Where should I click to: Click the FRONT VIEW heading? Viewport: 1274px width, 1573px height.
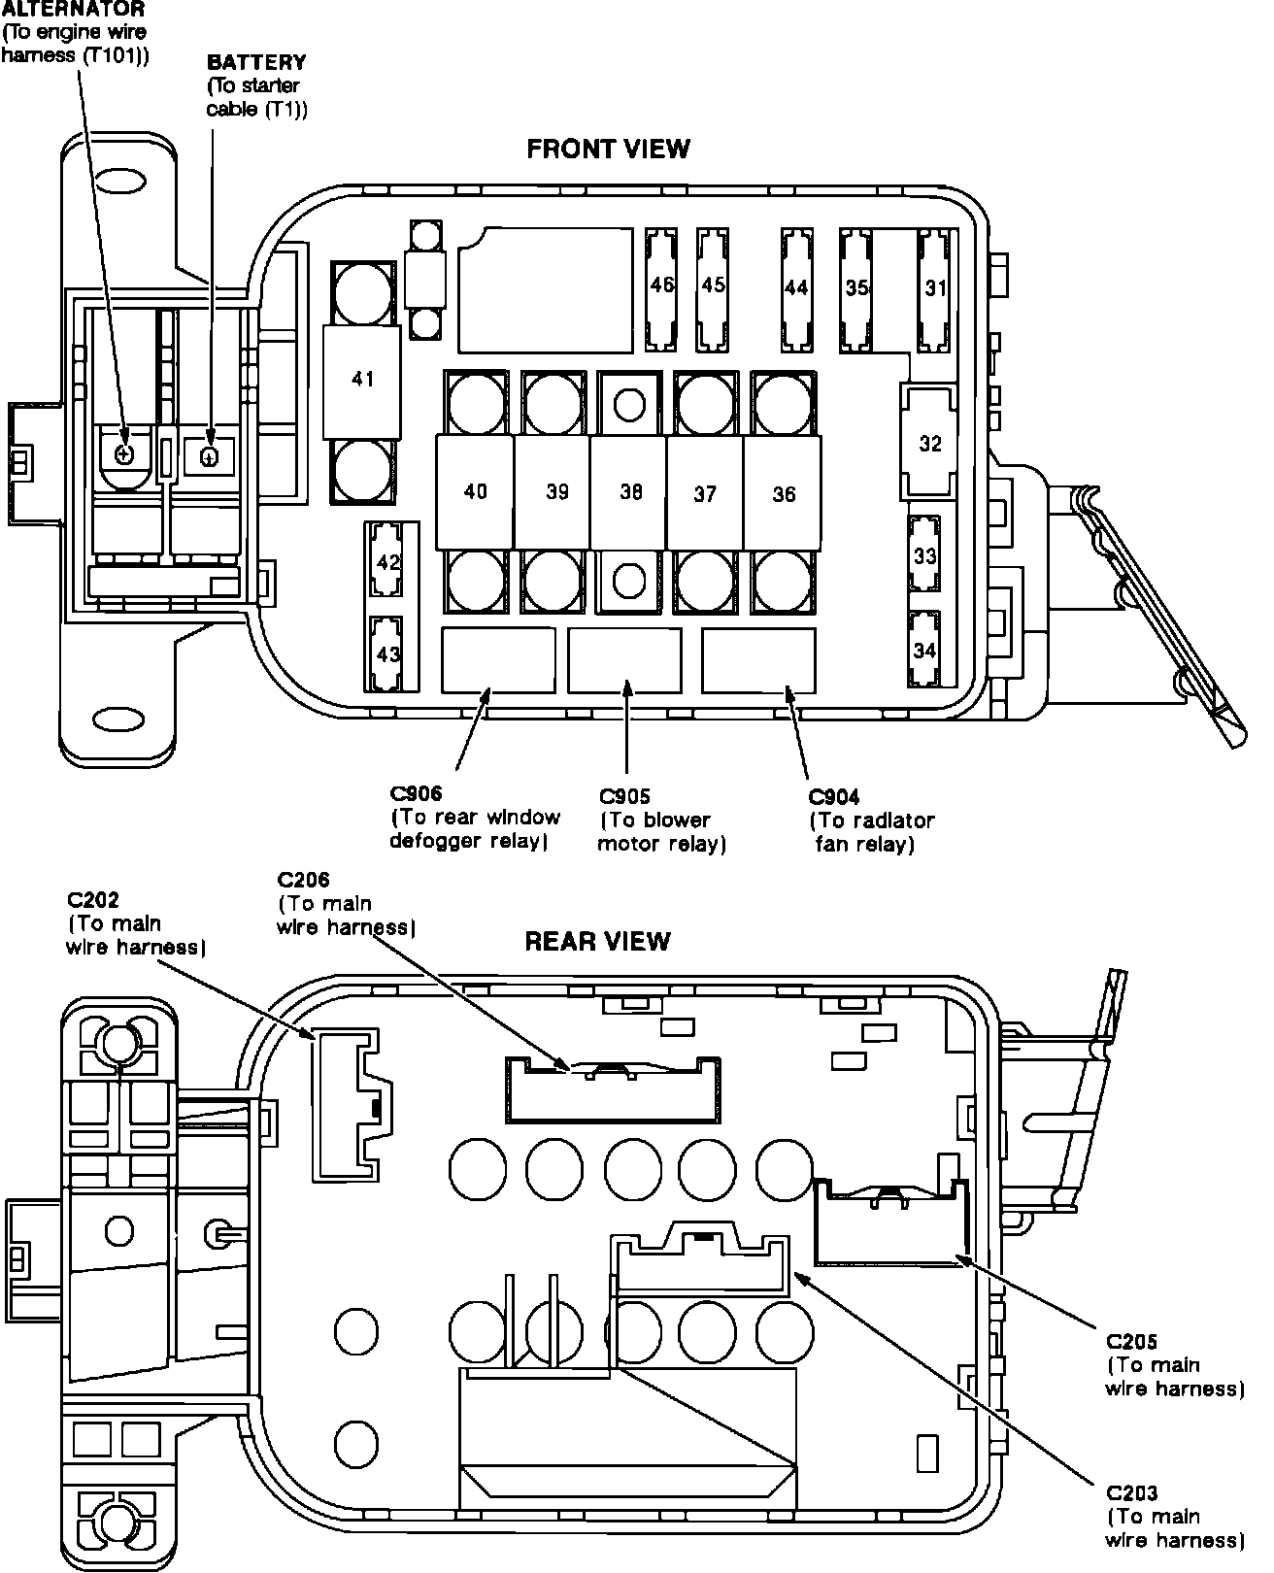click(608, 149)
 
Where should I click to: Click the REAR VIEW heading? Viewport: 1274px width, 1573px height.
click(597, 941)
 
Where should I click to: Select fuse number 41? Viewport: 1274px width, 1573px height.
click(363, 380)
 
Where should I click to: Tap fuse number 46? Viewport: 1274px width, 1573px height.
click(661, 285)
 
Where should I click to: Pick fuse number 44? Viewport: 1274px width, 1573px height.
click(796, 287)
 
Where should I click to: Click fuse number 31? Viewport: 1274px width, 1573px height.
click(935, 287)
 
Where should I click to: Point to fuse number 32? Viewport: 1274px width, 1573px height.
click(929, 444)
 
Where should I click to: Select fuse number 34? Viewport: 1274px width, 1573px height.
click(924, 650)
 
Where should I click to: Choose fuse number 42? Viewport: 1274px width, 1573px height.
click(388, 562)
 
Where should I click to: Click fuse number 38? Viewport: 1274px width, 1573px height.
click(630, 492)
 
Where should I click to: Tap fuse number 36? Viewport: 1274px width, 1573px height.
click(783, 493)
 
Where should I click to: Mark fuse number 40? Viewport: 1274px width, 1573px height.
click(475, 491)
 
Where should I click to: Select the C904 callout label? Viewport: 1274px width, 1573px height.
click(834, 797)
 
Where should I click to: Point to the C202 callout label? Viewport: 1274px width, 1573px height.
click(93, 900)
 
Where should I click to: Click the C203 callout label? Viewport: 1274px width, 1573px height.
click(1131, 1493)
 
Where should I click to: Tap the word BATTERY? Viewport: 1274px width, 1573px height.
click(256, 62)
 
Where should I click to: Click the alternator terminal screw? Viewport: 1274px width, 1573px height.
click(123, 453)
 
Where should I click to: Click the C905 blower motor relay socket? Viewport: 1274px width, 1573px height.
click(624, 660)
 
